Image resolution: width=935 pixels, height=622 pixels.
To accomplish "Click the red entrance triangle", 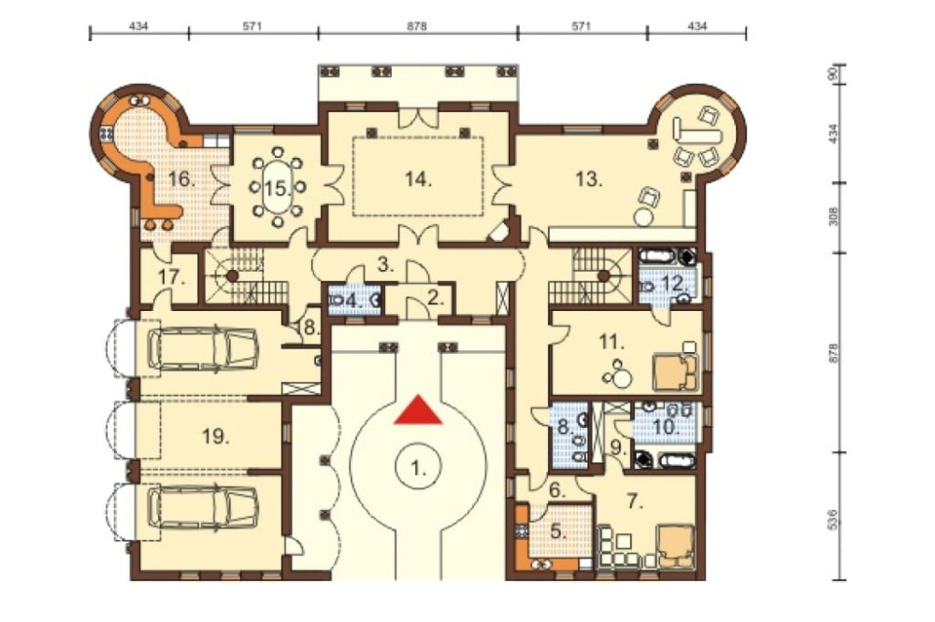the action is tap(418, 411).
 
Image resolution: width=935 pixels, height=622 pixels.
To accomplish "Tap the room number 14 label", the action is tap(417, 178).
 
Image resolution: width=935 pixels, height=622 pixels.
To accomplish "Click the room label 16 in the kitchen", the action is tap(182, 178).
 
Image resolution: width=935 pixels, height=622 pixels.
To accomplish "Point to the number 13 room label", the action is tap(589, 178).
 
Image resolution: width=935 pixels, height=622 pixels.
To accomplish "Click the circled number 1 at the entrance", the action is tap(418, 467).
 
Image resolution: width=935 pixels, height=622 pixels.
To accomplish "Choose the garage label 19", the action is tap(215, 437).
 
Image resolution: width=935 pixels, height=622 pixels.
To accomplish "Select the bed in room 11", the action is tap(675, 371).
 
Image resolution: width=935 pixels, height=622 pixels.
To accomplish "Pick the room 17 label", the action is tap(170, 277).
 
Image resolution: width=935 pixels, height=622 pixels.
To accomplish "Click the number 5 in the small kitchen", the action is tap(558, 530).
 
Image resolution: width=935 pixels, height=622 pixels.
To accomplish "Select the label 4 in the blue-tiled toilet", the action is tap(354, 301).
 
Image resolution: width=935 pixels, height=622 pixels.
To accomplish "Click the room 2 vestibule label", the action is tap(436, 298).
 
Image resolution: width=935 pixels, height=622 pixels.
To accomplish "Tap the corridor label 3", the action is tap(386, 264).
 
